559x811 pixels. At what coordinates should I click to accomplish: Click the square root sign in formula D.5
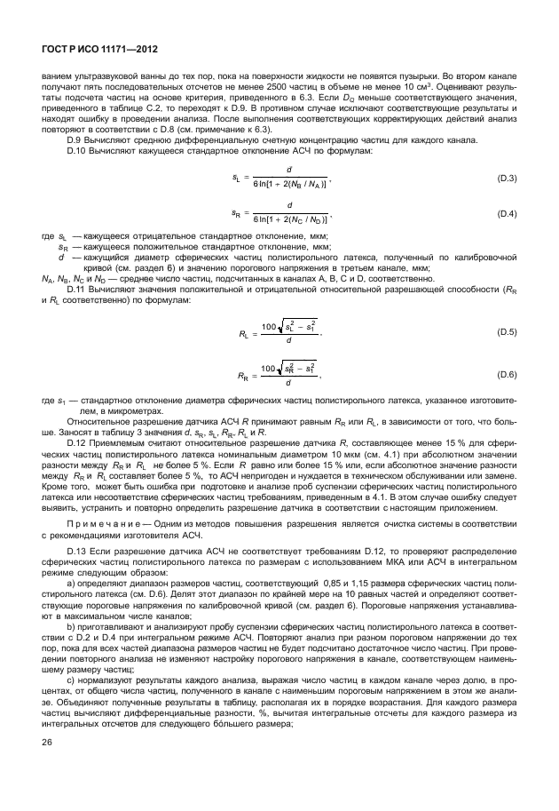276,328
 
